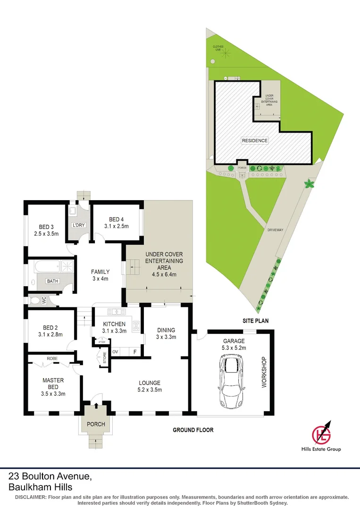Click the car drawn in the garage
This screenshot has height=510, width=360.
tap(231, 382)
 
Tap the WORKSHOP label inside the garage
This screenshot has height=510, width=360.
tap(264, 372)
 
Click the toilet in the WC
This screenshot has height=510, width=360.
tap(36, 299)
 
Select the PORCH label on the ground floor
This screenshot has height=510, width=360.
tap(96, 424)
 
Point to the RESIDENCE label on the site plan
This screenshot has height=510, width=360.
tap(255, 140)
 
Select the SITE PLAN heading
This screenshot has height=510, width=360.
tap(255, 321)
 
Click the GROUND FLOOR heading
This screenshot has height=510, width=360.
tap(193, 430)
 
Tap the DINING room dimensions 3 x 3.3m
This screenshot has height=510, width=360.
tap(166, 337)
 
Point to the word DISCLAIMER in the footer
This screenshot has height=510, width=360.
tap(31, 497)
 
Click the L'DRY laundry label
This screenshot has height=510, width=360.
tap(78, 225)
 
